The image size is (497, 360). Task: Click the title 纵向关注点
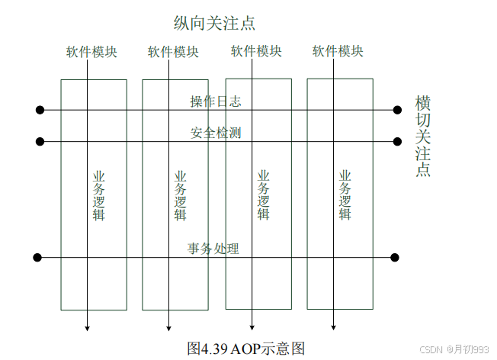(214, 23)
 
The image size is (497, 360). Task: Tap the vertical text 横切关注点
(422, 136)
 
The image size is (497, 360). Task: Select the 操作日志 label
(216, 101)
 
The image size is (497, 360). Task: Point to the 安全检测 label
(216, 133)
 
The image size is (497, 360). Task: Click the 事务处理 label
(213, 249)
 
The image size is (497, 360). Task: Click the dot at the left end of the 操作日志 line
(40, 110)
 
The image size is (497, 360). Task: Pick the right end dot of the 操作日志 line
(397, 110)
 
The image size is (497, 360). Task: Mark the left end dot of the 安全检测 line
(40, 141)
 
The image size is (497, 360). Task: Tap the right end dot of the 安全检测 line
(397, 141)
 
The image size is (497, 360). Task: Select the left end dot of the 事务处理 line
(37, 257)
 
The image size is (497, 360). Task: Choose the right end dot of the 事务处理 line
(395, 257)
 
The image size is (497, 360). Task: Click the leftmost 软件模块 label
(91, 52)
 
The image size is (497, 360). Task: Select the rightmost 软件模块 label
(338, 52)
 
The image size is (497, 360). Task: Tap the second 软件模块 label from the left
(173, 52)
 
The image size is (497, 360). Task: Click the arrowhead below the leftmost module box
(87, 327)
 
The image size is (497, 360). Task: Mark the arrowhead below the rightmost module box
(333, 327)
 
